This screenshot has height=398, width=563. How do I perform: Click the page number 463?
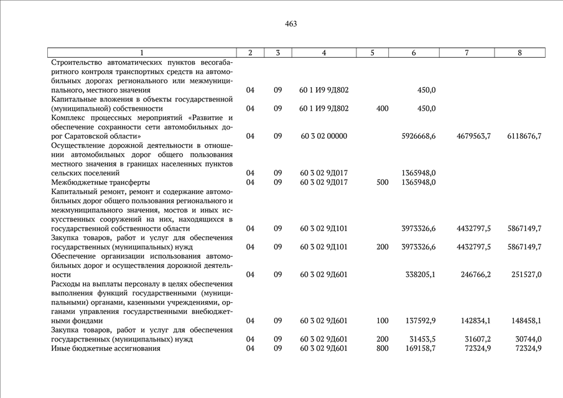(x=291, y=24)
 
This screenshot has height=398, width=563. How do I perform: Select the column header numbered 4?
(x=323, y=53)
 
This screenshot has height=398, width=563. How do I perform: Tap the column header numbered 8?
(x=519, y=53)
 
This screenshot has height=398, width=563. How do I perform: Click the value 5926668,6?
(x=416, y=136)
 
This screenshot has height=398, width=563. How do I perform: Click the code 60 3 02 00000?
(x=323, y=136)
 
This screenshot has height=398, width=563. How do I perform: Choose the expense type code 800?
(x=383, y=349)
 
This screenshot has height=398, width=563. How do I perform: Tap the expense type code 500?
(x=383, y=182)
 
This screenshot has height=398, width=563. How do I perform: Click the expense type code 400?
(x=383, y=109)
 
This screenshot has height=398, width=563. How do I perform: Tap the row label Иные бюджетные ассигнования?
(x=106, y=349)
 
